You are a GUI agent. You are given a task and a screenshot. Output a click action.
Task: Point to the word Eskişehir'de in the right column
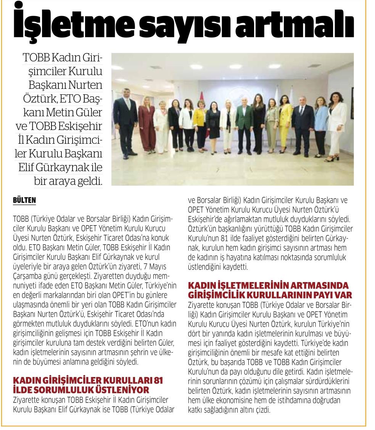click(208, 220)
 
